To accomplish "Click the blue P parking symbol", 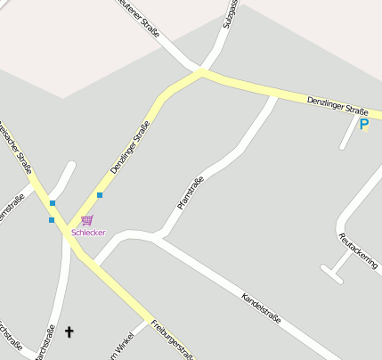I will [x=363, y=125].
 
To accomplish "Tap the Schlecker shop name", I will [x=88, y=233].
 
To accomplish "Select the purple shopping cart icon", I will [x=86, y=219].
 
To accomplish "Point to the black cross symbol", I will [x=69, y=332].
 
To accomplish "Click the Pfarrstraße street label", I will [x=191, y=193].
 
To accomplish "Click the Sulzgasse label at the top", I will [x=229, y=13].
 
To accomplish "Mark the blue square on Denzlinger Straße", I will [x=100, y=195].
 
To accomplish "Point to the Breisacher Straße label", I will [x=15, y=147].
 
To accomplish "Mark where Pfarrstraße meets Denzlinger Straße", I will [x=272, y=95].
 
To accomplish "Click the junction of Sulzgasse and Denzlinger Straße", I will [x=205, y=71].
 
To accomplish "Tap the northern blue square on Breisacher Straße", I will [x=53, y=204].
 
